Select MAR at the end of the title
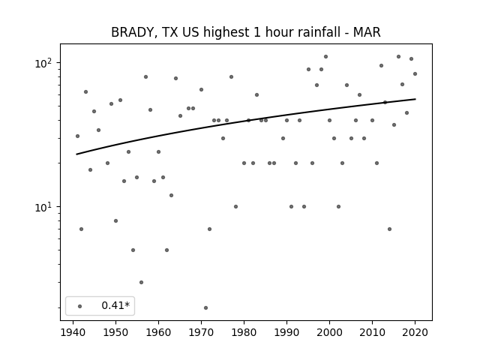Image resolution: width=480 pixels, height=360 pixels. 367,32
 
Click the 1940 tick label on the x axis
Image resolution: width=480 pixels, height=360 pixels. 73,333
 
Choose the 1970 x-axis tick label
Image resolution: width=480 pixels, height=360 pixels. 201,333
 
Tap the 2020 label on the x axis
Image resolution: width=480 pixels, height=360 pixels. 415,333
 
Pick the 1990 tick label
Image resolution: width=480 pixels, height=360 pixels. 286,333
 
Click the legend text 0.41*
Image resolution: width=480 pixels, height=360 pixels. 115,305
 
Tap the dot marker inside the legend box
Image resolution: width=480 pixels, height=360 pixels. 80,306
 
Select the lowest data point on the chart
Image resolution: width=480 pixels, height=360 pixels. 205,307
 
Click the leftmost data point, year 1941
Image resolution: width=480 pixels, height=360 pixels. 77,136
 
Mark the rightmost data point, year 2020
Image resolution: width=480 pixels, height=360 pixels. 415,73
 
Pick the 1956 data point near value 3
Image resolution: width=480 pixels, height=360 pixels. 141,282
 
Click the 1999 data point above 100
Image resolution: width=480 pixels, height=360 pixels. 325,57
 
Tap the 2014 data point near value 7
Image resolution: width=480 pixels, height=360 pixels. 389,229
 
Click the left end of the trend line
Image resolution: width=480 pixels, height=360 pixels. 76,154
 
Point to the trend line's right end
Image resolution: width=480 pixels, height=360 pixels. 415,99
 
